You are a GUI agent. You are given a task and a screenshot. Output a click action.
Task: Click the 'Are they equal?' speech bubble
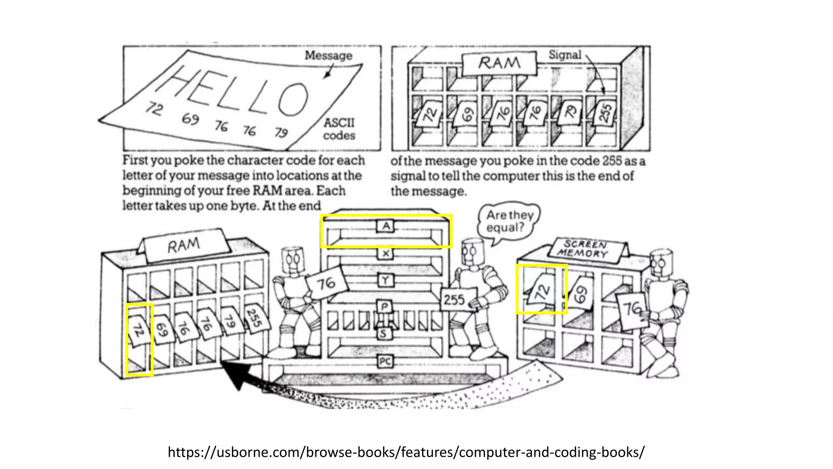click(509, 221)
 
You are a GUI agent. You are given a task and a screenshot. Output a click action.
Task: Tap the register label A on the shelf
click(386, 226)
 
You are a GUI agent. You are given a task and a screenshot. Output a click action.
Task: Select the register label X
click(386, 254)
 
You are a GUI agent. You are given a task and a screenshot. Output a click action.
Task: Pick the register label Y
click(386, 280)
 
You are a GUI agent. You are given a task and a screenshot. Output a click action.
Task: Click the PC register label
click(385, 361)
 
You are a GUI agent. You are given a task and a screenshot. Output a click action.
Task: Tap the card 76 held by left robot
click(327, 283)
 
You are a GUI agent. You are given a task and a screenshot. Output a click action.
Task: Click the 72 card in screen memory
click(541, 290)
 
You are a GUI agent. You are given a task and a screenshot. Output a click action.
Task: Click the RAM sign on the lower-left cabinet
click(184, 245)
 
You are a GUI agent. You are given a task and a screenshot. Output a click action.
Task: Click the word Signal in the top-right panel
click(565, 55)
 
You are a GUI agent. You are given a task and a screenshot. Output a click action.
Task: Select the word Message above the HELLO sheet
click(329, 55)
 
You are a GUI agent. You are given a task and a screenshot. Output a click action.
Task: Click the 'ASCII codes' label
click(339, 129)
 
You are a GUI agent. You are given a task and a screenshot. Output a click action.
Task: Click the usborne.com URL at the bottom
click(406, 452)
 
